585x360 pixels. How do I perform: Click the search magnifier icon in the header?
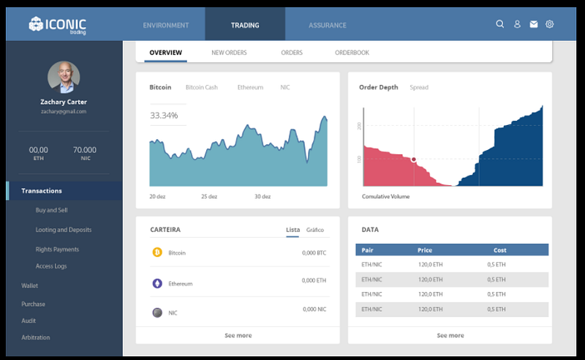tap(500, 24)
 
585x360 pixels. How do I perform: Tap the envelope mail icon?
tap(534, 24)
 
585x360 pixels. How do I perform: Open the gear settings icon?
tap(550, 24)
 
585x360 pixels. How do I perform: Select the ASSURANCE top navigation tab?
tap(327, 26)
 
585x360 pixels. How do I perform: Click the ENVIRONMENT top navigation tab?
tap(166, 26)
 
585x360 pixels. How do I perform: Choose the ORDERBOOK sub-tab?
tap(352, 53)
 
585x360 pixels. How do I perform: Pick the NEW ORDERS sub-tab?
tap(229, 53)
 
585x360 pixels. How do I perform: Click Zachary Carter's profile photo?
tap(64, 78)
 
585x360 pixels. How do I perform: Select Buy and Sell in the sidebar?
tap(51, 210)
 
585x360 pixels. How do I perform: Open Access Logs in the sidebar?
tap(51, 266)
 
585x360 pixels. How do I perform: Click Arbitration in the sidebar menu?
tap(35, 337)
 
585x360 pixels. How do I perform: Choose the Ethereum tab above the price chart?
tap(250, 87)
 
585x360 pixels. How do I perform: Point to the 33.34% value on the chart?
tap(164, 116)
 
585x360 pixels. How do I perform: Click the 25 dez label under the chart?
tap(209, 196)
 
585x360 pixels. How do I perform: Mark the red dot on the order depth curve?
tap(413, 160)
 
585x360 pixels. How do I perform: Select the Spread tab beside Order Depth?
tap(419, 87)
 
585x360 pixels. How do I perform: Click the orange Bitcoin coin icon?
tap(157, 252)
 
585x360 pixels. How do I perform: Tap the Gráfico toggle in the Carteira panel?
tap(315, 230)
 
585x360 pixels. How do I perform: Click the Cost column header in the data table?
tap(500, 250)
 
